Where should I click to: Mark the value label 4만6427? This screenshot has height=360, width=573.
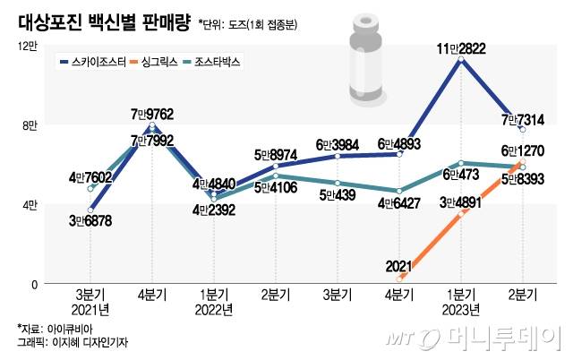(398, 204)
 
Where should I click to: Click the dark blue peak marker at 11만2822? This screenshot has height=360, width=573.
(460, 59)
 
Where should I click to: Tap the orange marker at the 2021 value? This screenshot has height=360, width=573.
(398, 279)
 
